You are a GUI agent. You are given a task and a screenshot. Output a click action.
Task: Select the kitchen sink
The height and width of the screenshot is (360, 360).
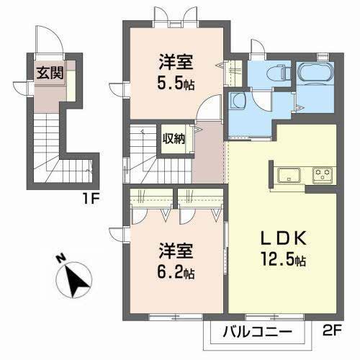289,174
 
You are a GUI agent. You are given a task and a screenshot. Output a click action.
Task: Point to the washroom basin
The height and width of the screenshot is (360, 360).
238,101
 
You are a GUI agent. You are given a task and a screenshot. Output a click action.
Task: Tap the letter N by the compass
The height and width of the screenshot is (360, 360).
60,258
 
